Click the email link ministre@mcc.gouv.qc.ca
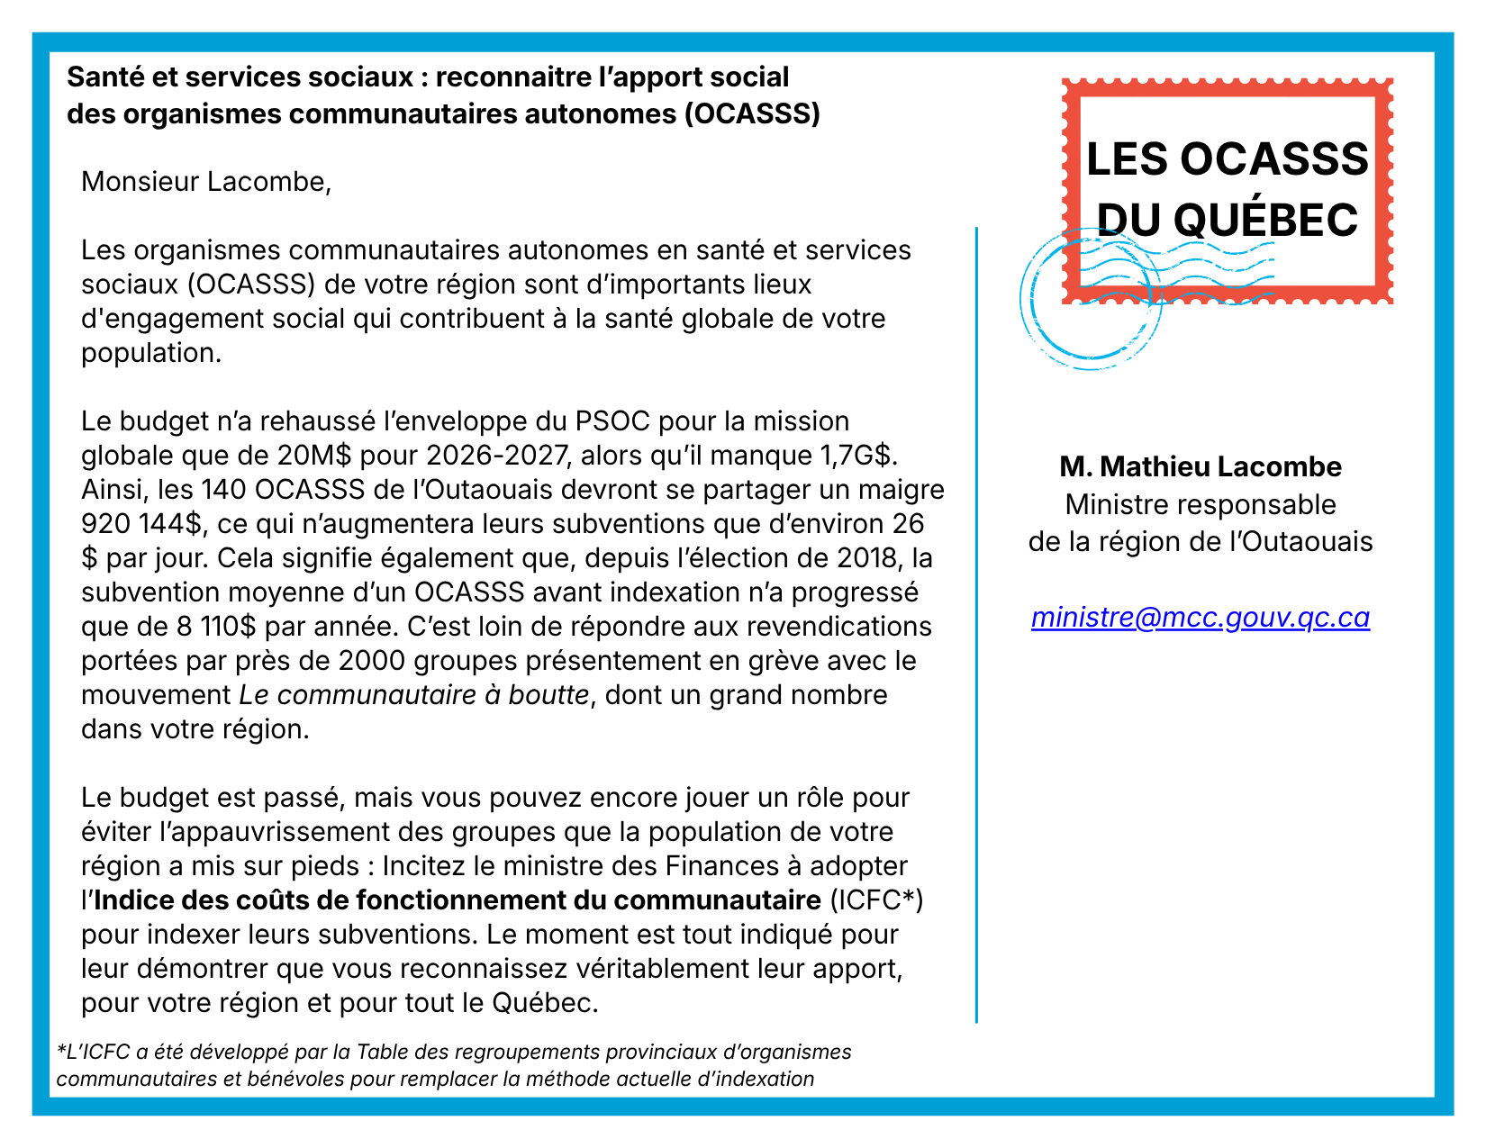click(1200, 618)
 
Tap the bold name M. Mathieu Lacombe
click(1200, 466)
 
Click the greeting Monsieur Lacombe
click(206, 182)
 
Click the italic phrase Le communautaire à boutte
click(414, 695)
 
